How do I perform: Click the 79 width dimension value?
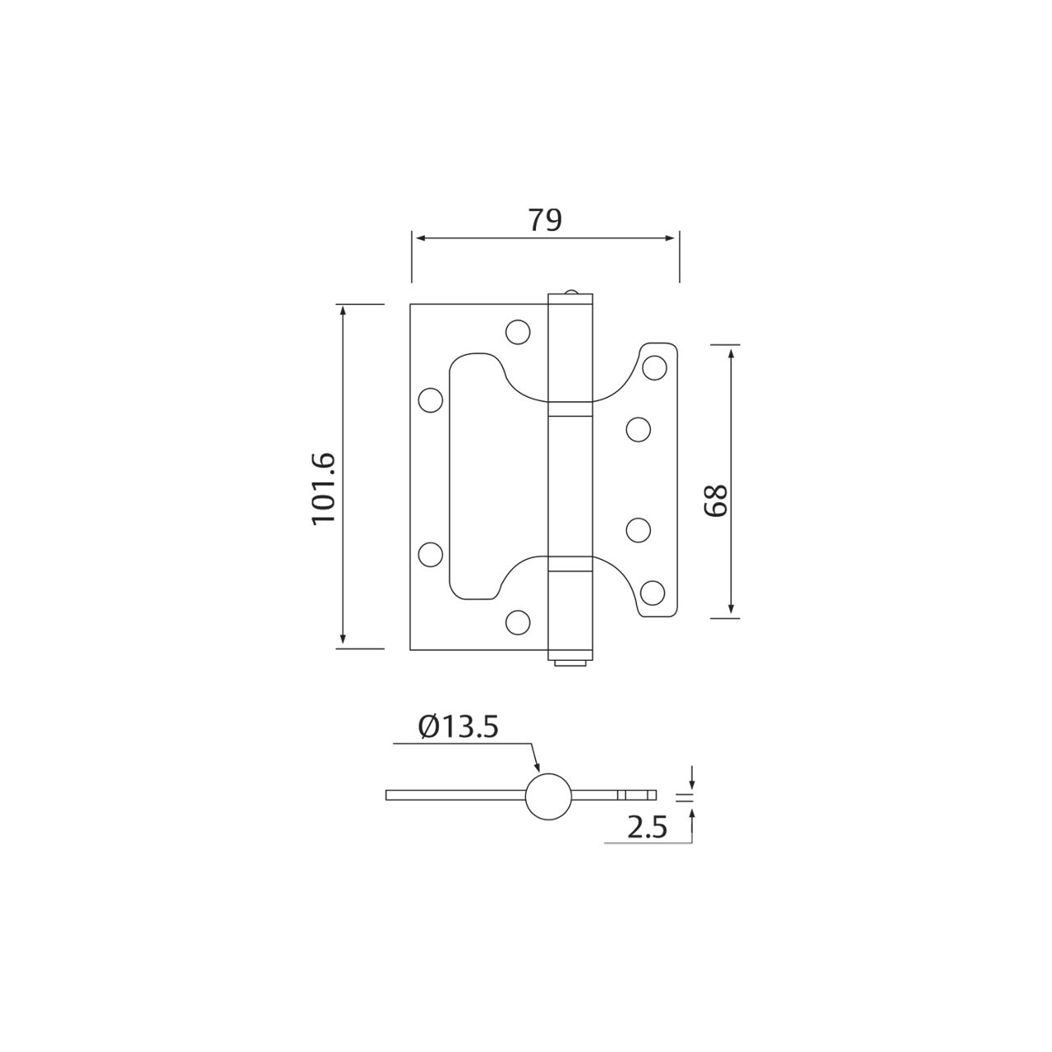[x=544, y=220]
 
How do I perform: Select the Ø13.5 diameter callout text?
[x=459, y=727]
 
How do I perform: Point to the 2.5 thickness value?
[x=646, y=828]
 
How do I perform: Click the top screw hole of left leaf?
[x=517, y=331]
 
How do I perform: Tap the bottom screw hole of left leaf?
[x=517, y=622]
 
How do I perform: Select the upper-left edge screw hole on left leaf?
[x=429, y=399]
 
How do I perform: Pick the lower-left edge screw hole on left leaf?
[x=429, y=554]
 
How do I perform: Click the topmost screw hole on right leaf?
[x=654, y=367]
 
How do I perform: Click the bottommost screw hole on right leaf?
[x=653, y=592]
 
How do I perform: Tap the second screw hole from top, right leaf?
[x=638, y=428]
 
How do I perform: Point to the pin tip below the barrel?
[x=569, y=661]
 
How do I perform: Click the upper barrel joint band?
[x=570, y=408]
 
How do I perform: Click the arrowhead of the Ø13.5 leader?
[x=538, y=768]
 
